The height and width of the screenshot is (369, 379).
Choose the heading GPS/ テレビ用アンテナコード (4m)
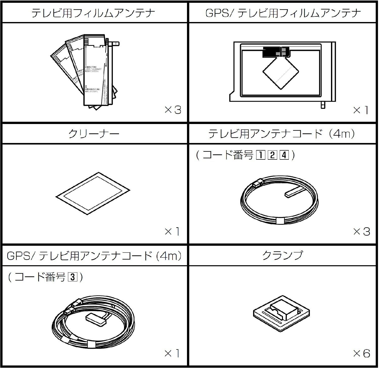pos(94,256)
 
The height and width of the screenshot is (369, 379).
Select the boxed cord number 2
pos(272,155)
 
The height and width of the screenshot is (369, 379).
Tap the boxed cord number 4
pos(284,155)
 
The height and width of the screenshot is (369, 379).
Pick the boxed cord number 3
pos(72,278)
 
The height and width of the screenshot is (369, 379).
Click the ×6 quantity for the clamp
pos(362,354)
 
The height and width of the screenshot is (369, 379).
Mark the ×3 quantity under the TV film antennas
pos(173,110)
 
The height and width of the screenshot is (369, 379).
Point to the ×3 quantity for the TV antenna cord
pos(362,232)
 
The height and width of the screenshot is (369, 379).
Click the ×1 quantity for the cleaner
pos(172,232)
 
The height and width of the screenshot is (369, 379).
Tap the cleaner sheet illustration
pos(93,194)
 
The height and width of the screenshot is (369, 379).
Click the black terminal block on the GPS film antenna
pos(275,51)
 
